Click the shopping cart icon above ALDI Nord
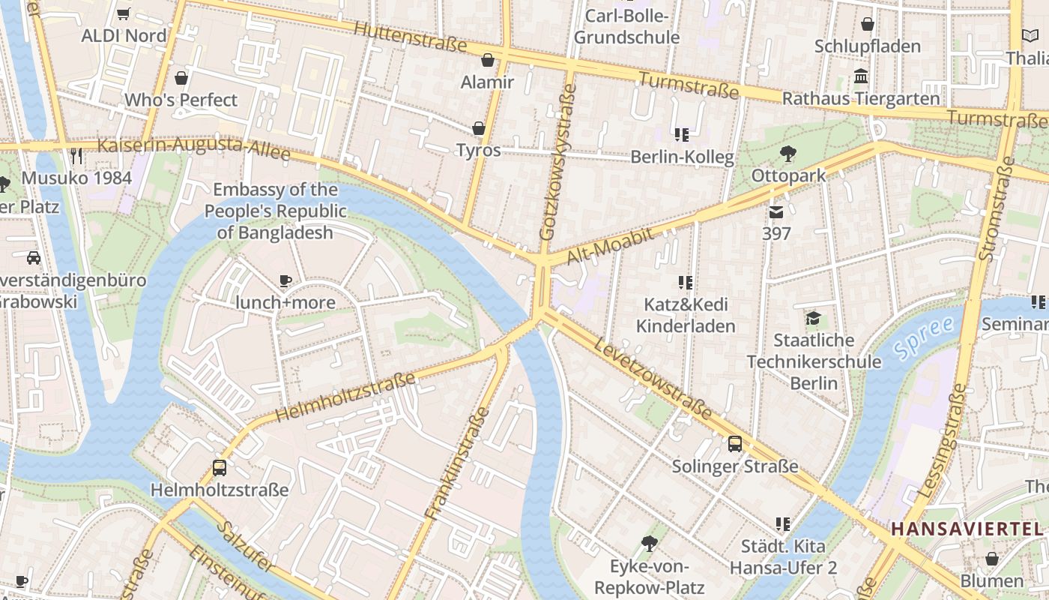[124, 13]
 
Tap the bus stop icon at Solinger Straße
[735, 443]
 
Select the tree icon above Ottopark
[787, 154]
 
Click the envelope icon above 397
[776, 212]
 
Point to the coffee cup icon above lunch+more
[285, 281]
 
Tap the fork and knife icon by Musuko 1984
[76, 156]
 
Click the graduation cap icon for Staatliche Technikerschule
[813, 319]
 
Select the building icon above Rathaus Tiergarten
[861, 76]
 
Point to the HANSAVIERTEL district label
[967, 529]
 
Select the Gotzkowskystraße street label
[557, 161]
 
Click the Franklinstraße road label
[456, 463]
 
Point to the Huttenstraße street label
[411, 35]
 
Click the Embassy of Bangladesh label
[275, 211]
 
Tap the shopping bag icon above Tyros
[478, 129]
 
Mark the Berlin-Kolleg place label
[682, 157]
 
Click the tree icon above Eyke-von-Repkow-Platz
[650, 544]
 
